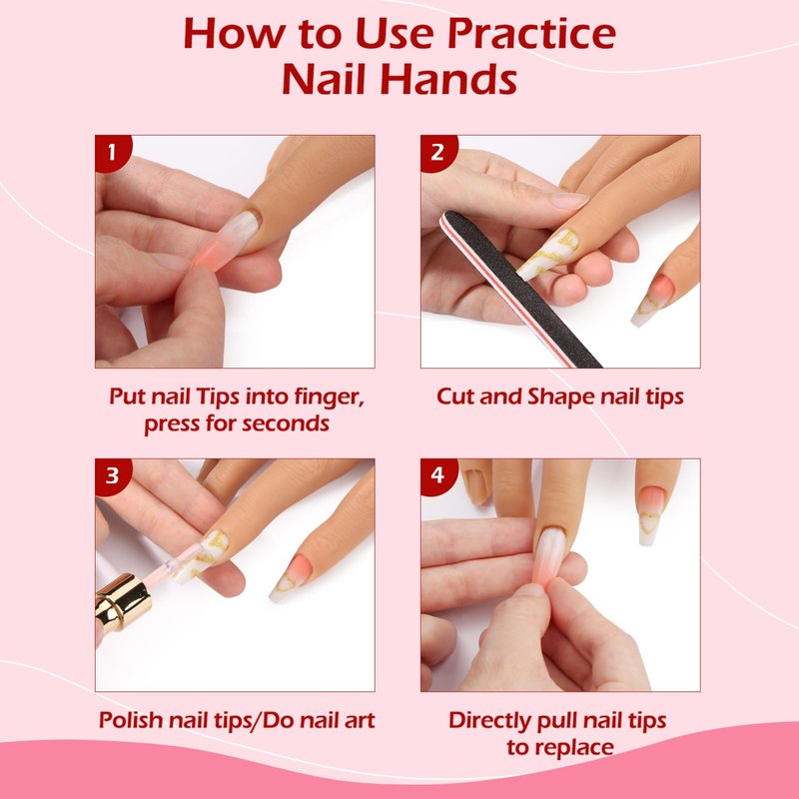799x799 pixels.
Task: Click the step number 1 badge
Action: tap(112, 152)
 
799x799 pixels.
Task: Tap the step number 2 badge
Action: tap(437, 152)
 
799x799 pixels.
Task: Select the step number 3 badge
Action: tap(112, 476)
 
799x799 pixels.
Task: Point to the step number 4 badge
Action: tap(437, 476)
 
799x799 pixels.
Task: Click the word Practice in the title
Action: tap(531, 34)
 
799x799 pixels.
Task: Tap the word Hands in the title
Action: tap(448, 79)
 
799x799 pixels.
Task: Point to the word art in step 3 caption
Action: tap(361, 720)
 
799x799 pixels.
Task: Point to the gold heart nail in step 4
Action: tap(651, 515)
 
